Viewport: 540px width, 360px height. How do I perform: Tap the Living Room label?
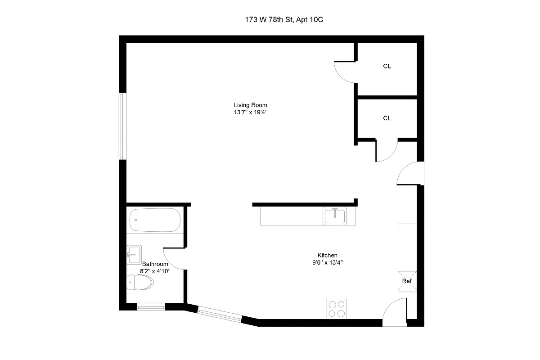(x=250, y=105)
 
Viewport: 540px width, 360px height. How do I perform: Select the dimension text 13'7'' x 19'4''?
(x=250, y=113)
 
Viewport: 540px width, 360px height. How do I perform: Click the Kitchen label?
(x=327, y=255)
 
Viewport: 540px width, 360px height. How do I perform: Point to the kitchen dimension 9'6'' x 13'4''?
(x=327, y=263)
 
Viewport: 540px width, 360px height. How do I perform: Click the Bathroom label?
(x=155, y=264)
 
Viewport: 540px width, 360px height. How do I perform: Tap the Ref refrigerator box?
(x=407, y=281)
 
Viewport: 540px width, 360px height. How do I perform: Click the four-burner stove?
(x=336, y=309)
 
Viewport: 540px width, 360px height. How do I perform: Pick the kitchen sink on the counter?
(x=335, y=216)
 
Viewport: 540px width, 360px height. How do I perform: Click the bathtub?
(x=155, y=220)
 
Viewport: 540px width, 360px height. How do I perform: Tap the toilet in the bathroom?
(x=140, y=283)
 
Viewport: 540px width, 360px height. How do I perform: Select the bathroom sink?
(x=134, y=254)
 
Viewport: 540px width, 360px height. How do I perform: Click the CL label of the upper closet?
(x=387, y=67)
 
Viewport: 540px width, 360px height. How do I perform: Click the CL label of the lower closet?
(x=387, y=118)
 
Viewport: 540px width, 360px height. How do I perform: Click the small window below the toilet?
(x=151, y=307)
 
